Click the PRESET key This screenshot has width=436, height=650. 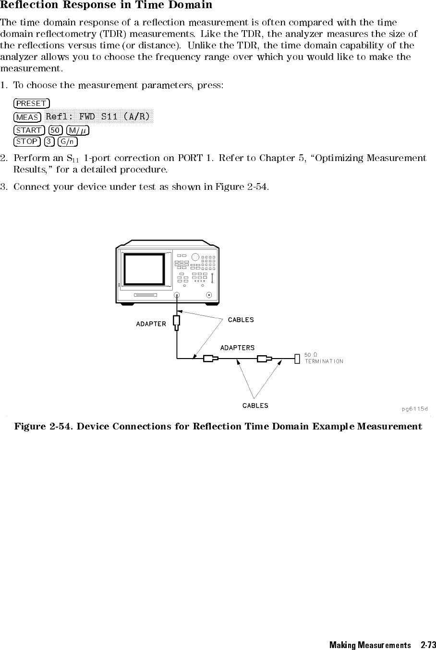[x=32, y=104]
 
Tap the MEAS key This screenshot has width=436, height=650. [x=27, y=117]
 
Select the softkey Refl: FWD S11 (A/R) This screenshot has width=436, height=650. [x=97, y=116]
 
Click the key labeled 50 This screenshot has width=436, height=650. [x=56, y=130]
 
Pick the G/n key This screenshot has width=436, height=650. [x=68, y=141]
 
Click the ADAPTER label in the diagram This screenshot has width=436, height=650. [x=151, y=324]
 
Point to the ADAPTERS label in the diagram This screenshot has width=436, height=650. [x=237, y=348]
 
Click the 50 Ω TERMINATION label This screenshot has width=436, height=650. [x=324, y=358]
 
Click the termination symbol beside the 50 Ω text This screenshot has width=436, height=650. [x=297, y=358]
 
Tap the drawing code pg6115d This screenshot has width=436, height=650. [x=414, y=408]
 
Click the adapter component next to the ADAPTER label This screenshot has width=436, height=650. [x=177, y=322]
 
